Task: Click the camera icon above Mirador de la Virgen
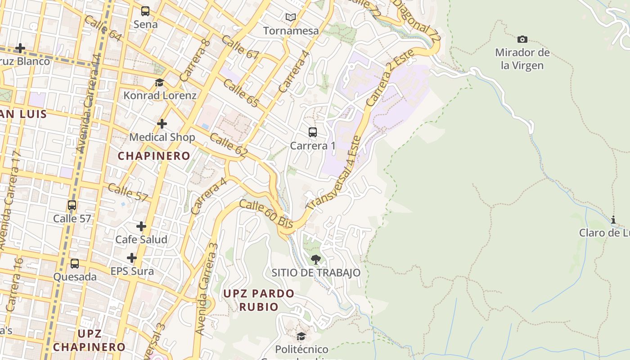click(x=522, y=40)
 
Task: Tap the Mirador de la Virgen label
click(x=522, y=59)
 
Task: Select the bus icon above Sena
click(x=145, y=11)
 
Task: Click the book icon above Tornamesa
click(x=291, y=18)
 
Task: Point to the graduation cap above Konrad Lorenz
click(x=160, y=82)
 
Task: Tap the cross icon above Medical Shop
click(x=162, y=124)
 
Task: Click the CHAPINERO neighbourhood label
click(x=154, y=156)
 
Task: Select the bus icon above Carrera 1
click(x=313, y=132)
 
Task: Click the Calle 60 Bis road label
click(x=266, y=214)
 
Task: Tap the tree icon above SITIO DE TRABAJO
click(x=316, y=259)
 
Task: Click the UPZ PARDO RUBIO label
click(x=259, y=300)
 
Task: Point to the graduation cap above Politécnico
click(x=301, y=337)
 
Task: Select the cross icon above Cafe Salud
click(x=141, y=226)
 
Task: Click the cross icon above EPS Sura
click(x=132, y=258)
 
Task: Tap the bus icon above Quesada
click(x=75, y=264)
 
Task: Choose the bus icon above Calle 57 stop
click(x=72, y=206)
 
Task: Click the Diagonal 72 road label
click(x=417, y=20)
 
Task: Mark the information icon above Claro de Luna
click(x=613, y=220)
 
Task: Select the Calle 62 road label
click(x=229, y=145)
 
